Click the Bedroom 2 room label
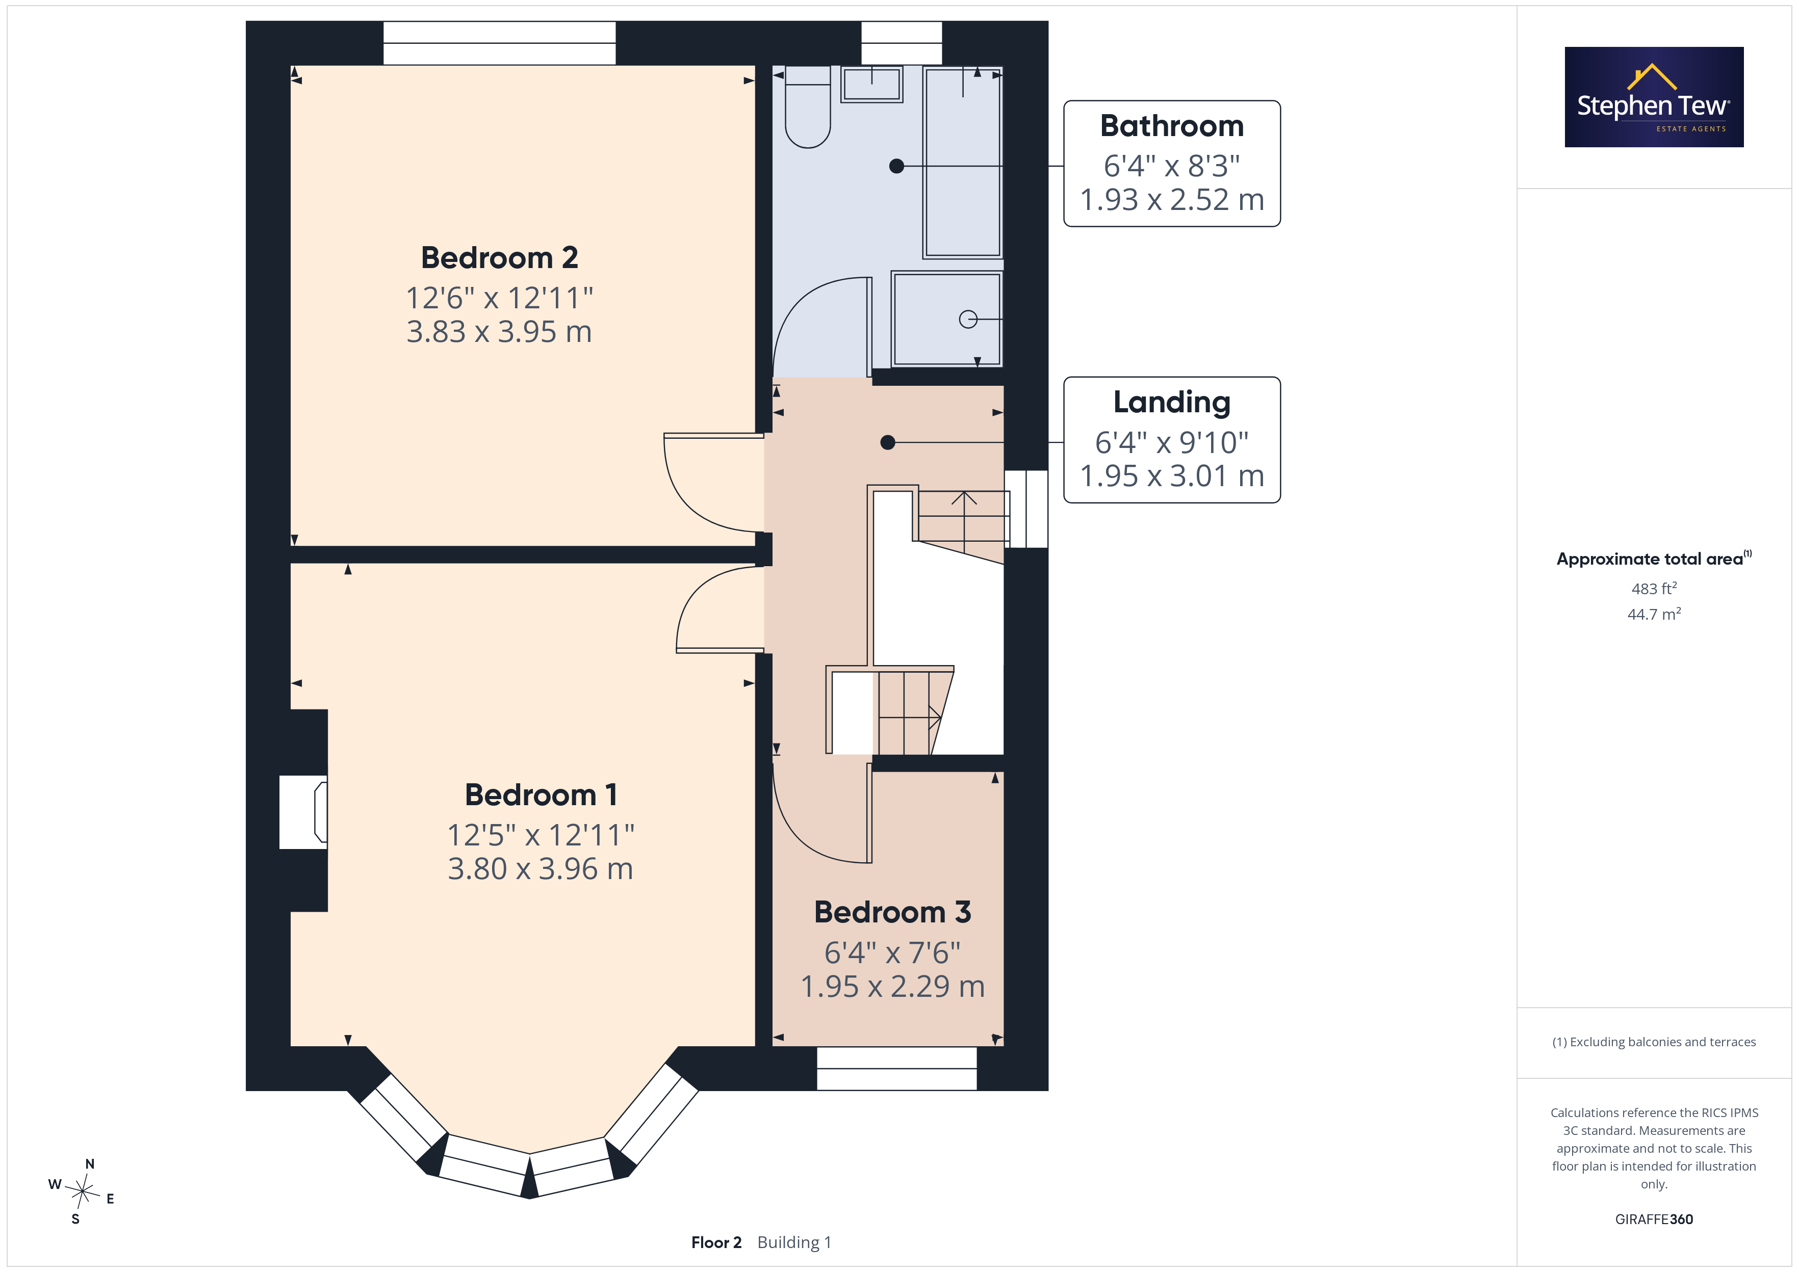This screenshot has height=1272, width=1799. pyautogui.click(x=499, y=258)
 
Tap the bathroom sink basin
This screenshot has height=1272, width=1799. pyautogui.click(x=871, y=84)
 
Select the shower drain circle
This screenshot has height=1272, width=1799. pyautogui.click(x=968, y=320)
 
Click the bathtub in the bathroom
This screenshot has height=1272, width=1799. pyautogui.click(x=963, y=162)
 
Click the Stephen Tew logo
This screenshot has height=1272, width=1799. pyautogui.click(x=1654, y=97)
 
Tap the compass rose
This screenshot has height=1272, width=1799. pyautogui.click(x=82, y=1191)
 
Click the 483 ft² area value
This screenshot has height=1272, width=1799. pyautogui.click(x=1654, y=588)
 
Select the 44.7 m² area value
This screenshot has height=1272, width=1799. pyautogui.click(x=1654, y=614)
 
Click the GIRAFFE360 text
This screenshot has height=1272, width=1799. pyautogui.click(x=1654, y=1220)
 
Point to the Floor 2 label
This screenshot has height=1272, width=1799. pyautogui.click(x=716, y=1243)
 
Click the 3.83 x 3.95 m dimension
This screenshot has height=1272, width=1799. pyautogui.click(x=499, y=332)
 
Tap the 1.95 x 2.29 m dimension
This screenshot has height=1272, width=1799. pyautogui.click(x=892, y=987)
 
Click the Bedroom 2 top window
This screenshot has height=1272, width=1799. pyautogui.click(x=499, y=43)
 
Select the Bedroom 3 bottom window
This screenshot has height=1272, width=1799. pyautogui.click(x=896, y=1068)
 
